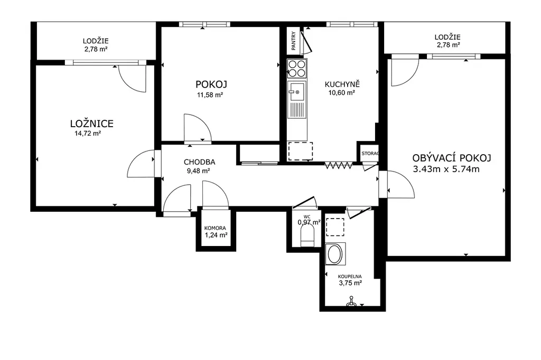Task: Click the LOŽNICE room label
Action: [92, 124]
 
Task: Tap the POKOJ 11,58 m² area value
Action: [210, 95]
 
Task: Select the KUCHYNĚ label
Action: [342, 84]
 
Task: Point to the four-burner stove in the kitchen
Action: [297, 68]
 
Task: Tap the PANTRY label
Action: [294, 41]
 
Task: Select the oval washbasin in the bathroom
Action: [335, 254]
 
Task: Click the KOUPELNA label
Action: [350, 276]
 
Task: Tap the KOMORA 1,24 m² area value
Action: [216, 235]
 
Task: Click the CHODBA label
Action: [199, 162]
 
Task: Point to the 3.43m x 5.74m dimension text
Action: [446, 169]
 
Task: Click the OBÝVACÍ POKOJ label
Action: [452, 158]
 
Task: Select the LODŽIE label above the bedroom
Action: [96, 41]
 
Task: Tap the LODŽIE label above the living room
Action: [447, 37]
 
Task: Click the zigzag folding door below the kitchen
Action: [339, 166]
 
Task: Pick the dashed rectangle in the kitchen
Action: [301, 151]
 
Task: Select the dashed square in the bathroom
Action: [335, 227]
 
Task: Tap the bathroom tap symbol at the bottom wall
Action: [351, 302]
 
